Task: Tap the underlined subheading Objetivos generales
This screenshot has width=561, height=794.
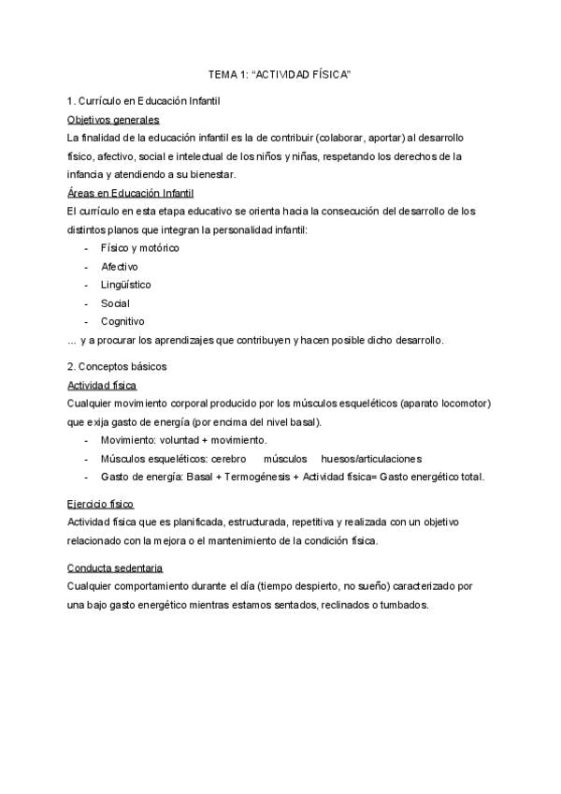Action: point(113,119)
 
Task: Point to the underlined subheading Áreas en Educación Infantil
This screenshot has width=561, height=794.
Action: point(130,193)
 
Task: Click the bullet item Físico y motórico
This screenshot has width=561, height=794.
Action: point(140,248)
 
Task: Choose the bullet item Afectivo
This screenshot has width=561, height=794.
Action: point(120,267)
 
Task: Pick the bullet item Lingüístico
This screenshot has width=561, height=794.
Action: point(126,285)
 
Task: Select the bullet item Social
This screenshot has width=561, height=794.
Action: point(115,303)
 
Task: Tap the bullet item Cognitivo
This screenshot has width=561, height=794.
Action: point(122,321)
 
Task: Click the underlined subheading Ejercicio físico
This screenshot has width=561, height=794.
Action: point(102,503)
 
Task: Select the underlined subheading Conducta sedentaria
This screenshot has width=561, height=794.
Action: point(115,568)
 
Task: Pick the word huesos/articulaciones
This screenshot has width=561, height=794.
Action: point(370,459)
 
